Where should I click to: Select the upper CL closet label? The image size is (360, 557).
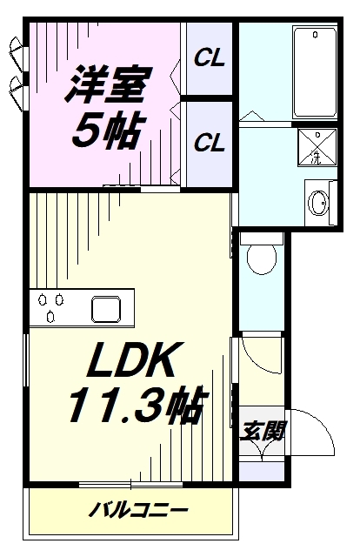coord(209,59)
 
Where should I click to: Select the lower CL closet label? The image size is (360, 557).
coord(209,142)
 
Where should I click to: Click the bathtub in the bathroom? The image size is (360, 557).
coord(315,72)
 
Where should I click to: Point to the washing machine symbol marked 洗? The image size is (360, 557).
coord(317,147)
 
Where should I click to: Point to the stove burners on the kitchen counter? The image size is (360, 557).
coord(49,308)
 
